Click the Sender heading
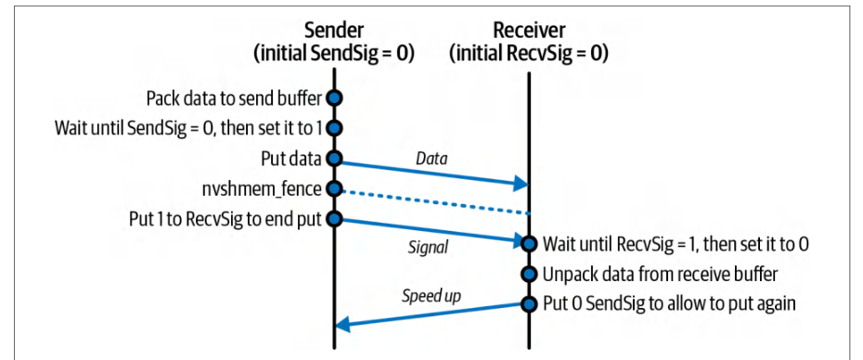(333, 31)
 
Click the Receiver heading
(528, 31)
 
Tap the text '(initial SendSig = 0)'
(333, 54)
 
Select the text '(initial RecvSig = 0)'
(528, 54)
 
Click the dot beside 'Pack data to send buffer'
(334, 98)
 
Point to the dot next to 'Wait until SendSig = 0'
(334, 129)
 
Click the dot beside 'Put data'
(334, 159)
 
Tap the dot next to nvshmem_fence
(334, 189)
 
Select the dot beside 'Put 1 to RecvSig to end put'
(334, 219)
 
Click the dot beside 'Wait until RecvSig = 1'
(529, 243)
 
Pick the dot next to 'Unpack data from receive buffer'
(529, 274)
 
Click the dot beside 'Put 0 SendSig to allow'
(529, 303)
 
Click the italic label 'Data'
(431, 160)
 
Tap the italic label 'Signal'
(428, 249)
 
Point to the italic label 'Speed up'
(431, 296)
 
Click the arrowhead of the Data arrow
(522, 185)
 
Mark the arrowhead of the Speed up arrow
(342, 326)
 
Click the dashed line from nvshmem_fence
(431, 201)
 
